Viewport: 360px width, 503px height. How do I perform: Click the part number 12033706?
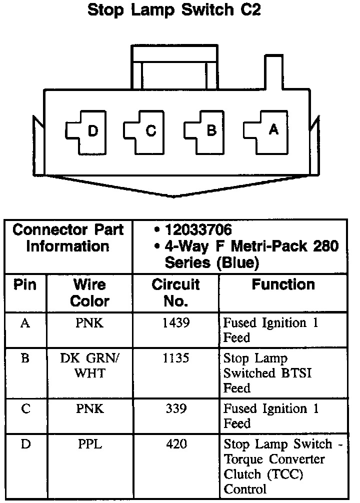[198, 230]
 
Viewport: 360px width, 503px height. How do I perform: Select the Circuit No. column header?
[176, 292]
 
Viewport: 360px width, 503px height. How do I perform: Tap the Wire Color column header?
[90, 292]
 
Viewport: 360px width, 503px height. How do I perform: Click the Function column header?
[283, 284]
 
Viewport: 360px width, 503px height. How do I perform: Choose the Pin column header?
[25, 284]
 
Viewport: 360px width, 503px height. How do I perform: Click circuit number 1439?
[176, 323]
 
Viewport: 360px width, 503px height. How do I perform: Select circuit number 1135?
[176, 358]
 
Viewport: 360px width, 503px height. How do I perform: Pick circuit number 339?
[176, 409]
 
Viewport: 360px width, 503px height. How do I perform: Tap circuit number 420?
[176, 444]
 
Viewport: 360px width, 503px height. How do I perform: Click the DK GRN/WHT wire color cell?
[90, 365]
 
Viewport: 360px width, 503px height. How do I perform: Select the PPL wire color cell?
[90, 444]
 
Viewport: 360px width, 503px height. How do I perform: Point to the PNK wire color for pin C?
[90, 409]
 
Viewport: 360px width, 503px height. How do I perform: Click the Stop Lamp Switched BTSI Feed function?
[267, 373]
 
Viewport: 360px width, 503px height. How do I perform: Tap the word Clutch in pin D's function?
[240, 473]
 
